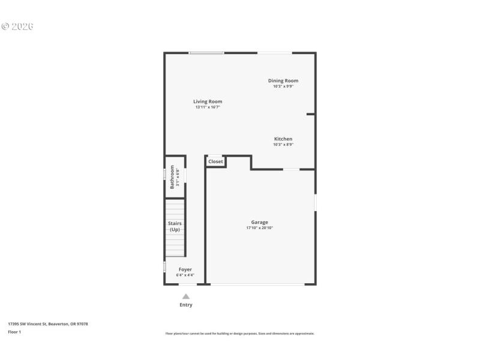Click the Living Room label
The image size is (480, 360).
208,101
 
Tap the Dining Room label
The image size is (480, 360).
283,80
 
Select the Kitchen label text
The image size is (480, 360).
283,139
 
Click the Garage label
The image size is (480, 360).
260,222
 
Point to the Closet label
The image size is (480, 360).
215,161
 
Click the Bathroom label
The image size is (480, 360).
172,177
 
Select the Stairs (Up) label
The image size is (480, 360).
175,226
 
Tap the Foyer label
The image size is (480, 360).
185,269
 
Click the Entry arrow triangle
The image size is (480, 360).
186,296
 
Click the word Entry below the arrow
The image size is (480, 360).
186,305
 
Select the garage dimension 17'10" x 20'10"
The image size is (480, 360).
260,228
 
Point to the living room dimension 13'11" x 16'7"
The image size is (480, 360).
208,107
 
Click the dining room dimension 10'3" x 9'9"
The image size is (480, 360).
283,86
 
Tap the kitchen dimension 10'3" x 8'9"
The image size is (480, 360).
283,145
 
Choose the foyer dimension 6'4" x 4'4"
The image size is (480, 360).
185,275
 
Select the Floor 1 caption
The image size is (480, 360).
14,332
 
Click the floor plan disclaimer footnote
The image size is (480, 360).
240,334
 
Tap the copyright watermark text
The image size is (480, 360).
17,26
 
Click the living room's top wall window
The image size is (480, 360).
206,53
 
